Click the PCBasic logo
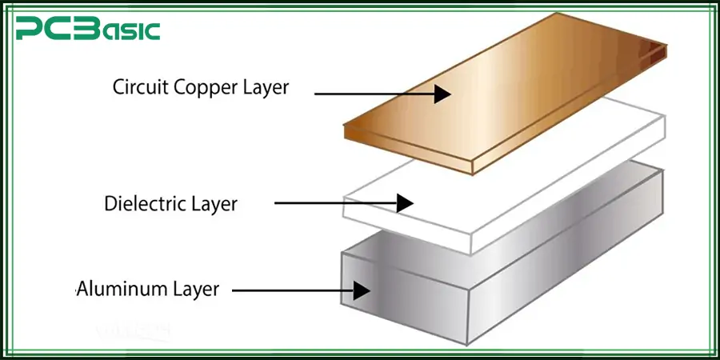pos(88,30)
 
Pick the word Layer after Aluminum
pos(190,289)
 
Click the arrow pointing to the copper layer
pos(376,94)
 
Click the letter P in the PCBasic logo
pos(30,31)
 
